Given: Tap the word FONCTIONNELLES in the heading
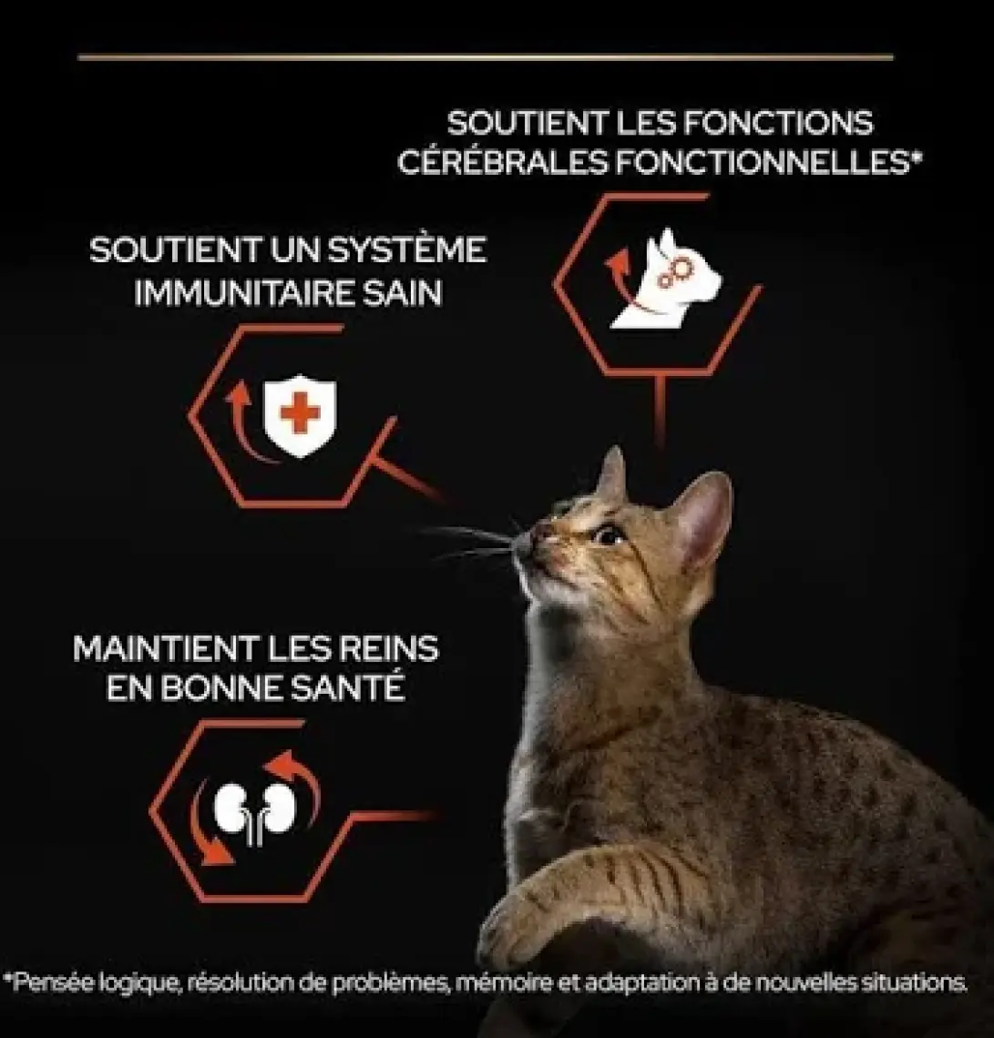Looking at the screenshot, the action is click(x=763, y=162).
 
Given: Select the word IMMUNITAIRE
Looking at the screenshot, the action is click(x=244, y=293).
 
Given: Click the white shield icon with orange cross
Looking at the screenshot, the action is click(x=300, y=416).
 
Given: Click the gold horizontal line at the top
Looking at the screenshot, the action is click(x=486, y=57).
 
